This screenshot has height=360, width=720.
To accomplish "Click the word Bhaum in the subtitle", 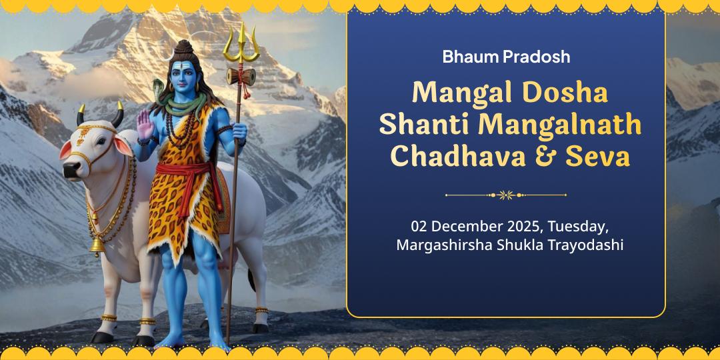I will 469,57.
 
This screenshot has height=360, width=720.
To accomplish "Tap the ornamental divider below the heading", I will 506,195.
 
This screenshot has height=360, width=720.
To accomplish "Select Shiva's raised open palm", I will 144,124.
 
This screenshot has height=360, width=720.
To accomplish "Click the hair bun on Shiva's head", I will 185,48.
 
